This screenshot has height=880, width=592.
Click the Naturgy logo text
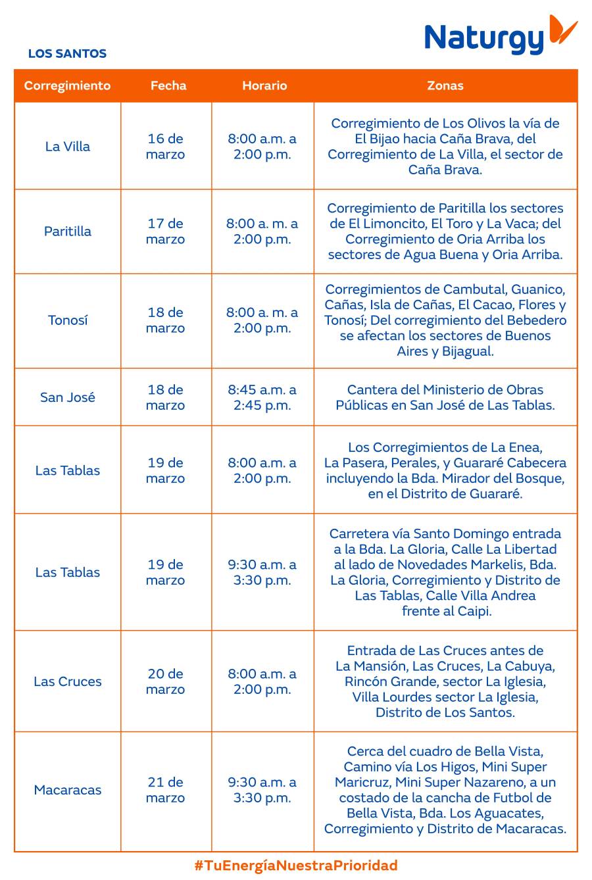pyautogui.click(x=484, y=39)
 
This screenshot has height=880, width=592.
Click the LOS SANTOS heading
pyautogui.click(x=67, y=54)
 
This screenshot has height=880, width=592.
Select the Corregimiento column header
pyautogui.click(x=67, y=86)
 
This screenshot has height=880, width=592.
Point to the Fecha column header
pyautogui.click(x=168, y=86)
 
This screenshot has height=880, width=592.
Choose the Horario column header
pyautogui.click(x=264, y=86)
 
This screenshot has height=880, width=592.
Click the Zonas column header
pyautogui.click(x=445, y=86)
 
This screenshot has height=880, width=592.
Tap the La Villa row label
pyautogui.click(x=67, y=147)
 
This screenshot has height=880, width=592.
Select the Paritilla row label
pyautogui.click(x=67, y=232)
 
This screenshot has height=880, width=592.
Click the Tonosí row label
pyautogui.click(x=67, y=320)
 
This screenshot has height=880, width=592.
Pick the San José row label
pyautogui.click(x=67, y=397)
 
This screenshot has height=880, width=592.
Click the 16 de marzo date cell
pyautogui.click(x=165, y=147)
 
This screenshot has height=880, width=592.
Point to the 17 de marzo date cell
pyautogui.click(x=165, y=232)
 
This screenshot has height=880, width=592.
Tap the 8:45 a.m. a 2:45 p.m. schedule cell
pyautogui.click(x=262, y=397)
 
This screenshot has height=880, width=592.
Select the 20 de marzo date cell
pyautogui.click(x=165, y=681)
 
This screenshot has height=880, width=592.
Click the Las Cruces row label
pyautogui.click(x=67, y=681)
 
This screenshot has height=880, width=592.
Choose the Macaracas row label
pyautogui.click(x=67, y=790)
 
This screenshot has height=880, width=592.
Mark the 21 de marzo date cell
pyautogui.click(x=165, y=790)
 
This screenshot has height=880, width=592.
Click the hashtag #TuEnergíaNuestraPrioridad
pyautogui.click(x=296, y=866)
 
